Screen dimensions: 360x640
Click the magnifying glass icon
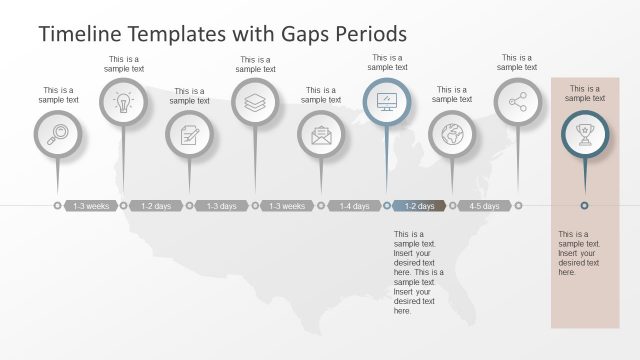(x=57, y=134)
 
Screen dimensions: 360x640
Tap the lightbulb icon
(x=123, y=102)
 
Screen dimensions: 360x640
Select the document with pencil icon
(x=189, y=134)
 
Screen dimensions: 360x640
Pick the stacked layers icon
(x=255, y=102)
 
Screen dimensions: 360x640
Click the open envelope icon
(x=321, y=134)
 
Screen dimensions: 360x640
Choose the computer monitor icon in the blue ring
(x=386, y=102)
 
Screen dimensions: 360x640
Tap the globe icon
(x=452, y=134)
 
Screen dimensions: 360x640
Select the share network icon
(x=517, y=102)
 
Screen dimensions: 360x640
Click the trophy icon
(x=584, y=134)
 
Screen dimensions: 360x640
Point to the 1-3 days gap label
(x=222, y=206)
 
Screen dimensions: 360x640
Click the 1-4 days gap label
(x=354, y=206)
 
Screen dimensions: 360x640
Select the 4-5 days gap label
(x=485, y=206)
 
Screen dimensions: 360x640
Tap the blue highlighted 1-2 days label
(x=419, y=206)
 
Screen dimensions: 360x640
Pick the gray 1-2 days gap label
(x=156, y=206)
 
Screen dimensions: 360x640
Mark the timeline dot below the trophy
(x=584, y=206)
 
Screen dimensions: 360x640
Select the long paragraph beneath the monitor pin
(x=418, y=272)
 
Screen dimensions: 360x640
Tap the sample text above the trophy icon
(x=584, y=93)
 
